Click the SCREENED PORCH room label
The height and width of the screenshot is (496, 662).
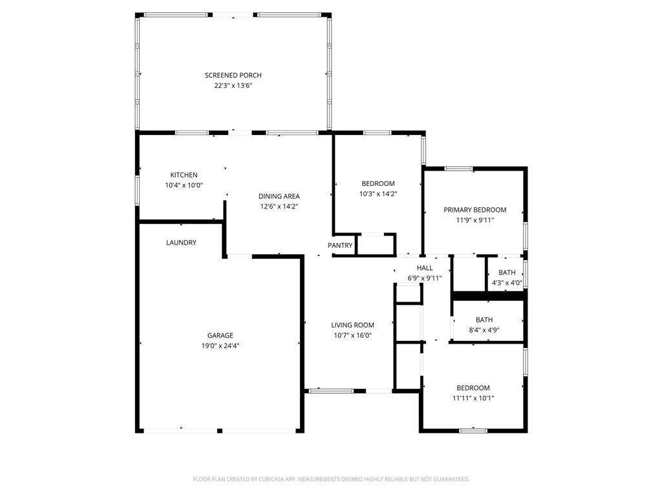[x=233, y=76]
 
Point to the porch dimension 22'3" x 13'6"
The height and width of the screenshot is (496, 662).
[x=233, y=85]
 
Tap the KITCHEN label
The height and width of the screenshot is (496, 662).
[x=184, y=175]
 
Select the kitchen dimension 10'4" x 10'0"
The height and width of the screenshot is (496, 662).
[x=184, y=185]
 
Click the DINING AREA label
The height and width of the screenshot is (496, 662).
[x=279, y=196]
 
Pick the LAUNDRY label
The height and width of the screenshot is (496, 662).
[x=181, y=243]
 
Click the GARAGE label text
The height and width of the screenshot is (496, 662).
[x=220, y=335]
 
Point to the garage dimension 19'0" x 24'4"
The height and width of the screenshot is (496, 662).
[x=220, y=346]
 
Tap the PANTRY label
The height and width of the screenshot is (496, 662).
[x=340, y=245]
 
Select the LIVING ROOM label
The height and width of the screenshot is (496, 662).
[x=352, y=325]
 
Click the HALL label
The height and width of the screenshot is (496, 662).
[x=424, y=268]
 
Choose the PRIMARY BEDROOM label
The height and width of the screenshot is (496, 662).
[x=475, y=210]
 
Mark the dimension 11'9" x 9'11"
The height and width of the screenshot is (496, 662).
[x=475, y=220]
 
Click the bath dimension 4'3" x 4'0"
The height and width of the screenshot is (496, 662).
[x=507, y=283]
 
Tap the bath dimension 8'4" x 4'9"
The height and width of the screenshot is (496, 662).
[x=484, y=330]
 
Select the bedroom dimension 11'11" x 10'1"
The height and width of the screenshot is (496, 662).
[x=473, y=398]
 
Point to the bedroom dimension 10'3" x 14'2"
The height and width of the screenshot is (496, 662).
[x=378, y=194]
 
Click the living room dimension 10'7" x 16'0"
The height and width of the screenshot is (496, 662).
[x=352, y=335]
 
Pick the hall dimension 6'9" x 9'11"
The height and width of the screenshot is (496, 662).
[x=424, y=278]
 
